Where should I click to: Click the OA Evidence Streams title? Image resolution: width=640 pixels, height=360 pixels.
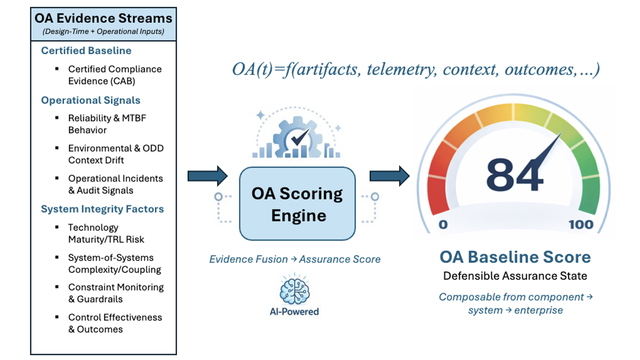coord(103,18)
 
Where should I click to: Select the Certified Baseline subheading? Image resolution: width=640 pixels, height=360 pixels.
coord(86,50)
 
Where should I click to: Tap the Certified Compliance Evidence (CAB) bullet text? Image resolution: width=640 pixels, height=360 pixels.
coord(114,74)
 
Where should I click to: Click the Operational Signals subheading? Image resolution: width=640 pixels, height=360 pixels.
coord(90,100)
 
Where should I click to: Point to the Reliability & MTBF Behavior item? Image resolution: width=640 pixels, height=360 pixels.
coord(107,124)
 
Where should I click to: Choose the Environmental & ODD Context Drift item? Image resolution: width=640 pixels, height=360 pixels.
coord(115,154)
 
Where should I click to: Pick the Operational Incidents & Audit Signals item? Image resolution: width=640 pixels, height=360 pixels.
coord(115,184)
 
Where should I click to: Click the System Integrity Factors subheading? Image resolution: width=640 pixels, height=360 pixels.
coord(102,208)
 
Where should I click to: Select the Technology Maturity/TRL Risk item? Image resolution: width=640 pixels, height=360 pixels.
coord(106,233)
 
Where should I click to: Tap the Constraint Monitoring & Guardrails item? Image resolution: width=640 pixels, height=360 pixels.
coord(115,293)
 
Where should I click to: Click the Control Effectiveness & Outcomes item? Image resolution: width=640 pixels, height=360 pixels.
coord(114,323)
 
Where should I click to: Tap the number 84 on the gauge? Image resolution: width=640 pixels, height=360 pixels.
coord(514,175)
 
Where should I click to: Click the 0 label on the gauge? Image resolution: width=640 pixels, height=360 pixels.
coord(442,224)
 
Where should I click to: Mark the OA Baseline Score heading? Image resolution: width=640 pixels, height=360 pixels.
coord(515,257)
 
